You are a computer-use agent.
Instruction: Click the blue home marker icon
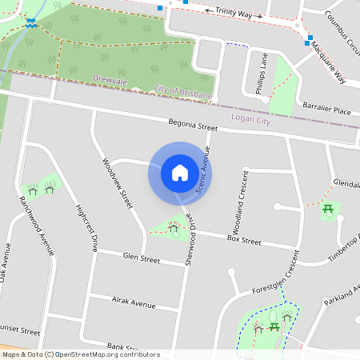(x=180, y=173)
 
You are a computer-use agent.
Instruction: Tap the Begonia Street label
(x=193, y=126)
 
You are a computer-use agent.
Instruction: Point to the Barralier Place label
(x=326, y=109)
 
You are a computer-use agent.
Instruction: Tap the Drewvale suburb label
(x=110, y=81)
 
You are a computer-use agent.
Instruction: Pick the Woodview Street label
(x=117, y=183)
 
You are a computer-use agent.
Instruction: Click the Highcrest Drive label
(x=86, y=228)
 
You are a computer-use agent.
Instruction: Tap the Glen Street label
(x=142, y=258)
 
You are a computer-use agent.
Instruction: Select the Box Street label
(x=244, y=240)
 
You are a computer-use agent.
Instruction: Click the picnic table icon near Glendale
(x=329, y=210)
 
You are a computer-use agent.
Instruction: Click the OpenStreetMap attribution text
(x=80, y=354)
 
